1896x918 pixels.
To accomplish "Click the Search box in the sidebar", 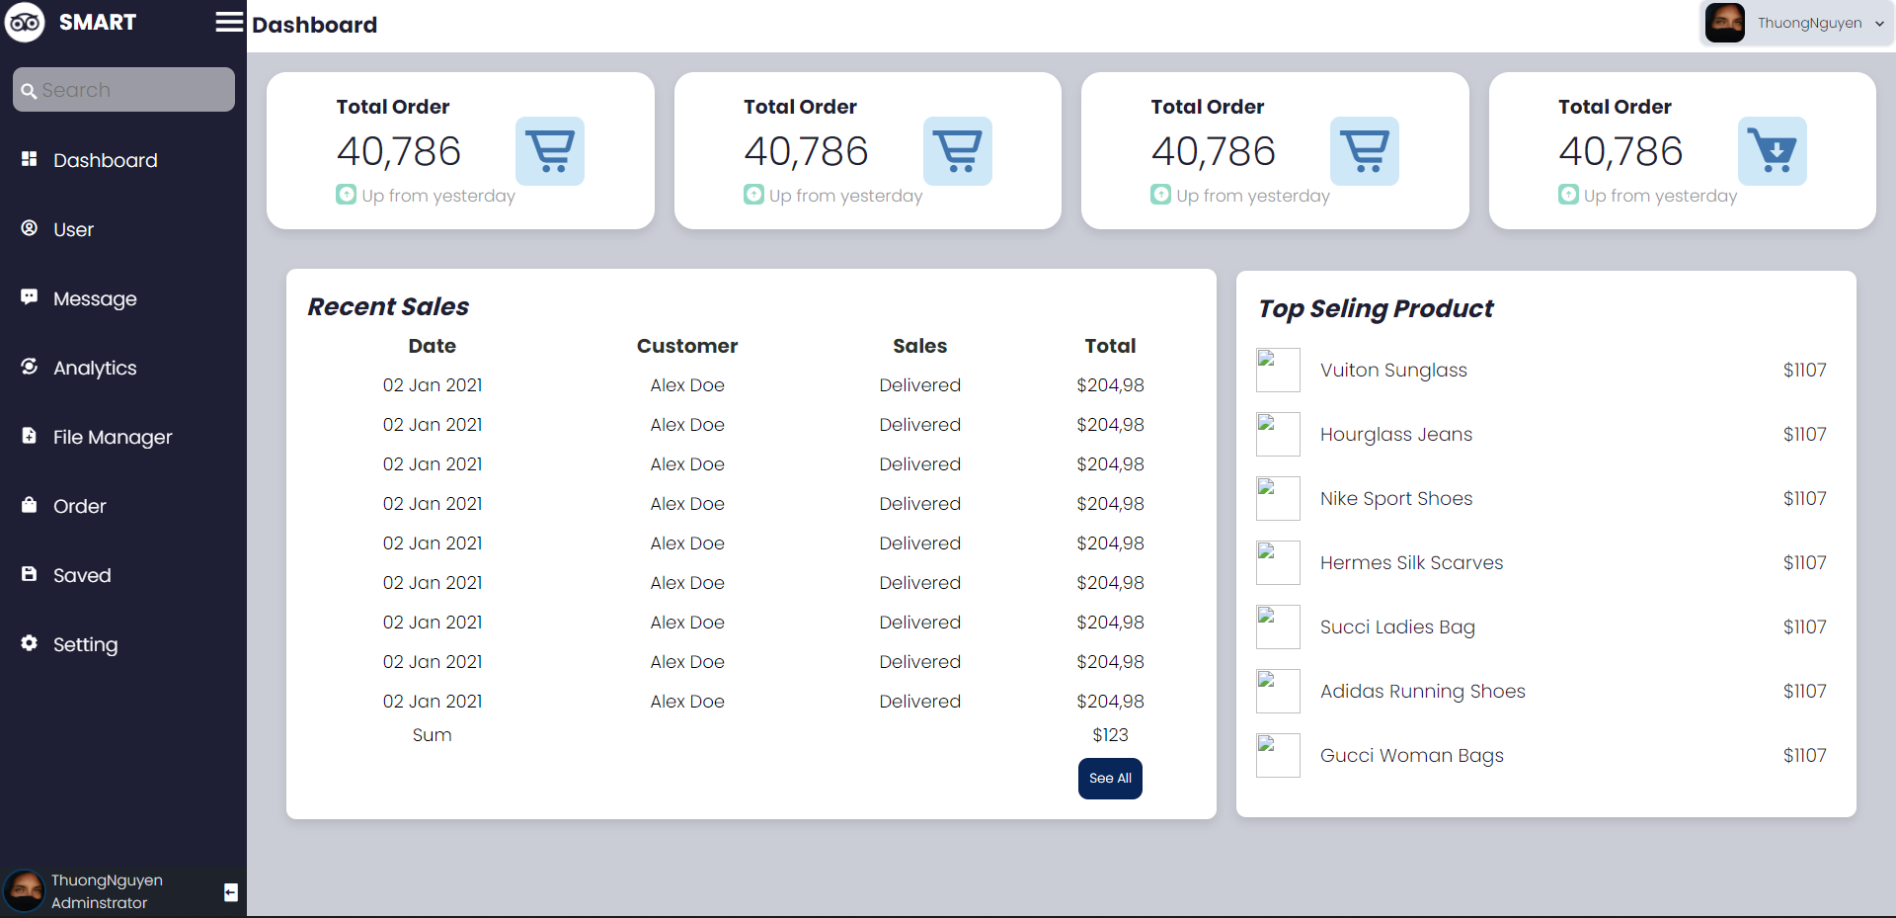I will [123, 90].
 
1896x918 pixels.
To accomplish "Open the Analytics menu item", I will [95, 368].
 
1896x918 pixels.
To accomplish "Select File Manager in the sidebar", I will [112, 437].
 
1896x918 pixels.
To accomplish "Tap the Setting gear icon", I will [30, 643].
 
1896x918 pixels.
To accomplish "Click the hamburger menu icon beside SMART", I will [229, 22].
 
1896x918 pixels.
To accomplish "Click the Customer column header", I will [687, 346].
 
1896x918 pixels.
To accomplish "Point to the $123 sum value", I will [1110, 735].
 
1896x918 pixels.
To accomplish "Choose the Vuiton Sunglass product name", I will [1393, 371].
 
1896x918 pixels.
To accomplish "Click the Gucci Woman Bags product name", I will [1411, 756].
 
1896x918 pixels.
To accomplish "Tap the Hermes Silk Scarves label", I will [1411, 563].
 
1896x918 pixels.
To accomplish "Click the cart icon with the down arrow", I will [1772, 151].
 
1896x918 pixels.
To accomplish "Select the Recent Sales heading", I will [388, 307].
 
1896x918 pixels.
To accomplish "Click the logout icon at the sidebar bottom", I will [231, 892].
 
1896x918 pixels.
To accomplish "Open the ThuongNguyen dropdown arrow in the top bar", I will [1879, 24].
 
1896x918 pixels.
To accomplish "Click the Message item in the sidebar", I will [95, 298].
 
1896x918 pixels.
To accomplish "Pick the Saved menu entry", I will [82, 575].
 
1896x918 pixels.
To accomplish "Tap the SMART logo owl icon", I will [25, 22].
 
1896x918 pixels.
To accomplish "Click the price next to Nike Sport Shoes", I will [1804, 499].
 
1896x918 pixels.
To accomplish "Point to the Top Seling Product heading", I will [1376, 309].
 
